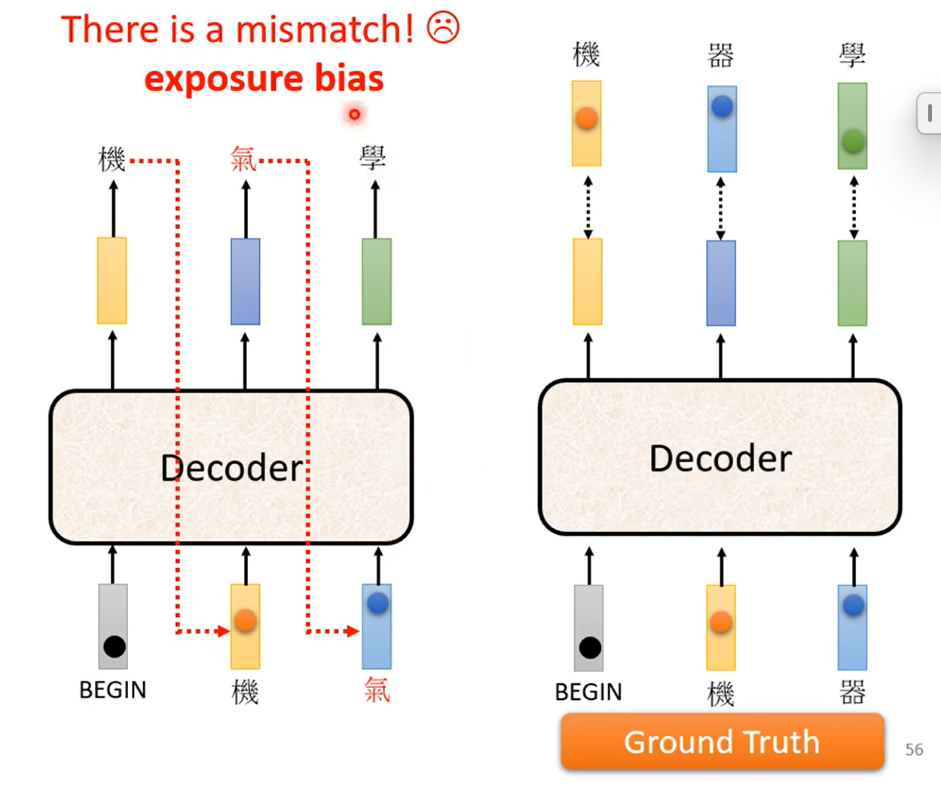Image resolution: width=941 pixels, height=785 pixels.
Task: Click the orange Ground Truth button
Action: point(721,742)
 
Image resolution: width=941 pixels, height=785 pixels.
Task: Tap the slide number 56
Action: point(914,750)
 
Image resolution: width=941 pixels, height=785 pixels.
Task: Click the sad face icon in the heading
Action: point(443,28)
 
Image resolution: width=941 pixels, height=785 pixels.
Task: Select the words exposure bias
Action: point(264,78)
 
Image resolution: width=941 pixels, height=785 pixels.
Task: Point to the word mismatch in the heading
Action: point(324,30)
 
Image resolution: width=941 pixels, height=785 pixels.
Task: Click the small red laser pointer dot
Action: point(354,115)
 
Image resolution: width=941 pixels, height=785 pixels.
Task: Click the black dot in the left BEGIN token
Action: point(115,646)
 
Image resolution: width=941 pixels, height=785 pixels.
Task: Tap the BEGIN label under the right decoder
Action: point(588,692)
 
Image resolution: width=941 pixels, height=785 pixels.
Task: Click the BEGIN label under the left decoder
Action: point(113,689)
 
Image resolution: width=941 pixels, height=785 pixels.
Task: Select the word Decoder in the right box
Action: point(720,458)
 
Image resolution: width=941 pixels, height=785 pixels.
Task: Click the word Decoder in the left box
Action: point(232,468)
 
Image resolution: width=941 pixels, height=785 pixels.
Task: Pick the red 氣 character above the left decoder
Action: point(243,159)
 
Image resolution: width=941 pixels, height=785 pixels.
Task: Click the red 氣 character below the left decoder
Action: point(377,689)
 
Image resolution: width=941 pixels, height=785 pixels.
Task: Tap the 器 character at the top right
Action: point(721,55)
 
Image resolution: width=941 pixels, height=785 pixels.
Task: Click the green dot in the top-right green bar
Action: point(853,140)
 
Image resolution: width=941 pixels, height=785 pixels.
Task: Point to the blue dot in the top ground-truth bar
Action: point(722,106)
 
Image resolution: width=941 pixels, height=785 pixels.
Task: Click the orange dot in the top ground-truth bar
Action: point(586,118)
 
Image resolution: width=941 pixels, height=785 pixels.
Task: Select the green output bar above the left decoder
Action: point(377,281)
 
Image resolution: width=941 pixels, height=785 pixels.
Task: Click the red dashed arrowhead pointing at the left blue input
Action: point(353,631)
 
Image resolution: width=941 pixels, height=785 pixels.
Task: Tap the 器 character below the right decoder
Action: point(853,692)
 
